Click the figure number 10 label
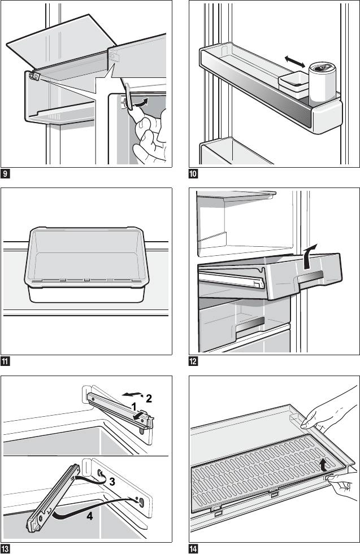tap(194, 173)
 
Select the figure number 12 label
tap(194, 361)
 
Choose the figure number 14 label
tap(194, 548)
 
